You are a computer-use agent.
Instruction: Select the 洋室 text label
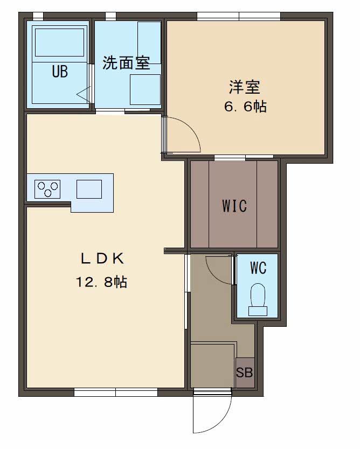click(245, 87)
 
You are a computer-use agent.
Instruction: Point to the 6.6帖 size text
click(245, 107)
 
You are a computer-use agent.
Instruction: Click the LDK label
click(102, 258)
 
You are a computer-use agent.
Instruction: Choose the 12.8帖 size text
click(101, 282)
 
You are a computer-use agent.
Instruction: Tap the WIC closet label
click(234, 206)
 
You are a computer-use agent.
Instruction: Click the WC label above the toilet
click(258, 268)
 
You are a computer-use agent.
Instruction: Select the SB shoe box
click(245, 373)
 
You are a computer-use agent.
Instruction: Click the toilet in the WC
click(258, 299)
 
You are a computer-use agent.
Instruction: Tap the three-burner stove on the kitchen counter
click(47, 189)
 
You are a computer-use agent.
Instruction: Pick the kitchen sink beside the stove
click(89, 189)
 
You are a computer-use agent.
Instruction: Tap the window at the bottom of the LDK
click(116, 392)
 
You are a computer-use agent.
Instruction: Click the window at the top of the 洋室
click(239, 16)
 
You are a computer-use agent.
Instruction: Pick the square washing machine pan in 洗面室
click(146, 89)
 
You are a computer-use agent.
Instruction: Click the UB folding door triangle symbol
click(84, 94)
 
